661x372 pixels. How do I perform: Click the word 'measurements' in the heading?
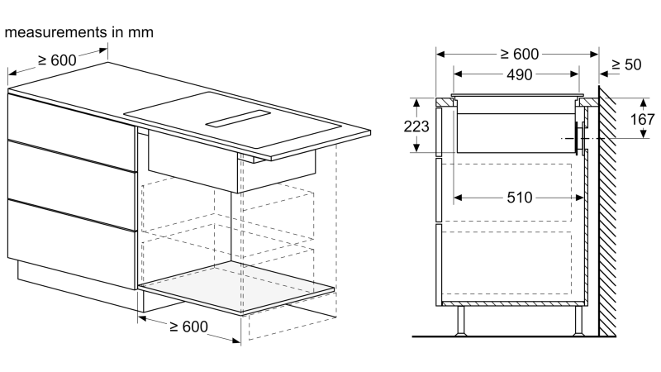(55, 33)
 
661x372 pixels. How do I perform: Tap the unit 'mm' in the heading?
(140, 33)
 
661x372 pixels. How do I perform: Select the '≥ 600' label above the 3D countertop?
(55, 60)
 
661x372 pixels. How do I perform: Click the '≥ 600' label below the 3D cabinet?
(189, 327)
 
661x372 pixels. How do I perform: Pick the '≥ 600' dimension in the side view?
(518, 55)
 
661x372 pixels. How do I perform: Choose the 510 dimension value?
(518, 198)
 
